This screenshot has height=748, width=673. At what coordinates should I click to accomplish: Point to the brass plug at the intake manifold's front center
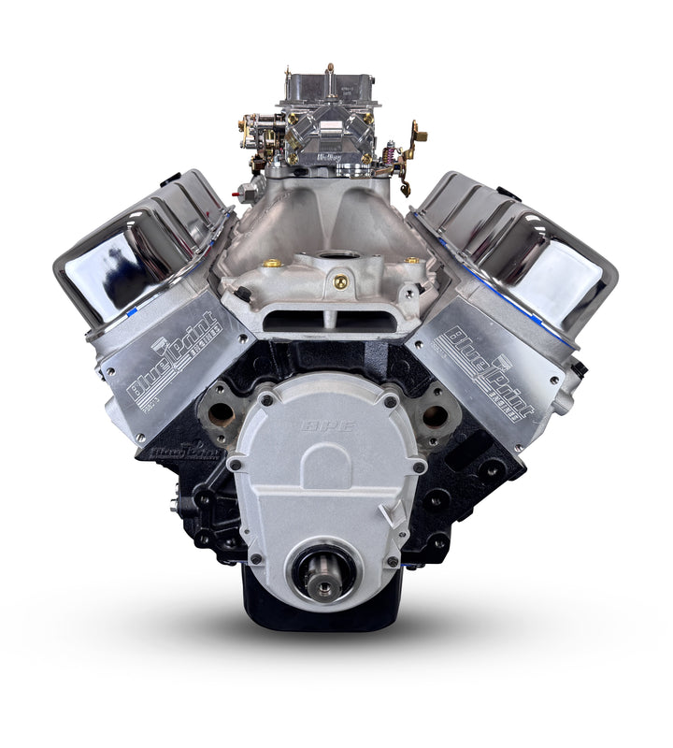(340, 281)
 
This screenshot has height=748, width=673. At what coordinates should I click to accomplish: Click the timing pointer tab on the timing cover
(396, 513)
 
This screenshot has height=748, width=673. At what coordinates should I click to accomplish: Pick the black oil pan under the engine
(322, 612)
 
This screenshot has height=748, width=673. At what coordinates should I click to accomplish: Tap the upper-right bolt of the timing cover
(389, 401)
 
